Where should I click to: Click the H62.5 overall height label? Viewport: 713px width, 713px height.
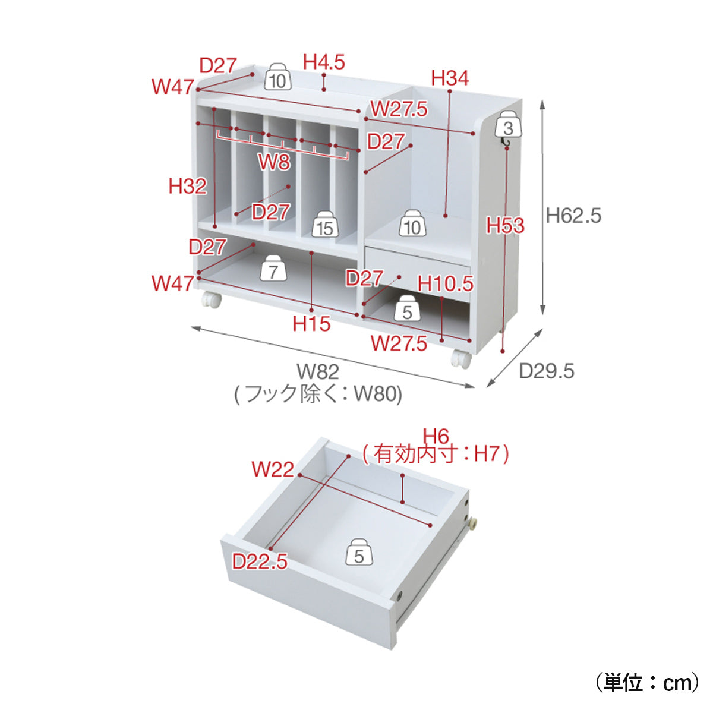click(573, 215)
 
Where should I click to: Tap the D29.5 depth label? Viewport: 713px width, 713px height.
click(547, 371)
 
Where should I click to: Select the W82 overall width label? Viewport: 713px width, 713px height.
click(318, 372)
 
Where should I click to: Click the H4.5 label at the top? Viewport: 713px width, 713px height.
click(324, 62)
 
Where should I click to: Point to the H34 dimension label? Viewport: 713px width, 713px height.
click(450, 78)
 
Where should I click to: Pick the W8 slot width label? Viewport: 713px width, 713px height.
click(274, 162)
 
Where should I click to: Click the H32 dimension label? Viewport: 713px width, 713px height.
click(188, 186)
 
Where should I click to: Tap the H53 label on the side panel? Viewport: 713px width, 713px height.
click(506, 225)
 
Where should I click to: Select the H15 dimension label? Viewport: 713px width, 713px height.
click(311, 324)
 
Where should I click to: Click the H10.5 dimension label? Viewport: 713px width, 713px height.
click(446, 284)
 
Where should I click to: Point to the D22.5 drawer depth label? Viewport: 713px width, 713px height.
click(260, 561)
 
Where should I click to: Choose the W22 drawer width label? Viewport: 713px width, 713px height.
click(273, 469)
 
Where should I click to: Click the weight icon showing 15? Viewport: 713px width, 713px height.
click(325, 225)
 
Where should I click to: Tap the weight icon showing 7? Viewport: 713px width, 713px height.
click(273, 267)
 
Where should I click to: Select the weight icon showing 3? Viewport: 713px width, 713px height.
click(509, 124)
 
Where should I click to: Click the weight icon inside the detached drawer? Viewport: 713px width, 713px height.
click(359, 551)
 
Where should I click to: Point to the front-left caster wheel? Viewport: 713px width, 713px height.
click(212, 299)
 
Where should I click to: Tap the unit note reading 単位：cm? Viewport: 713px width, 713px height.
click(648, 683)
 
